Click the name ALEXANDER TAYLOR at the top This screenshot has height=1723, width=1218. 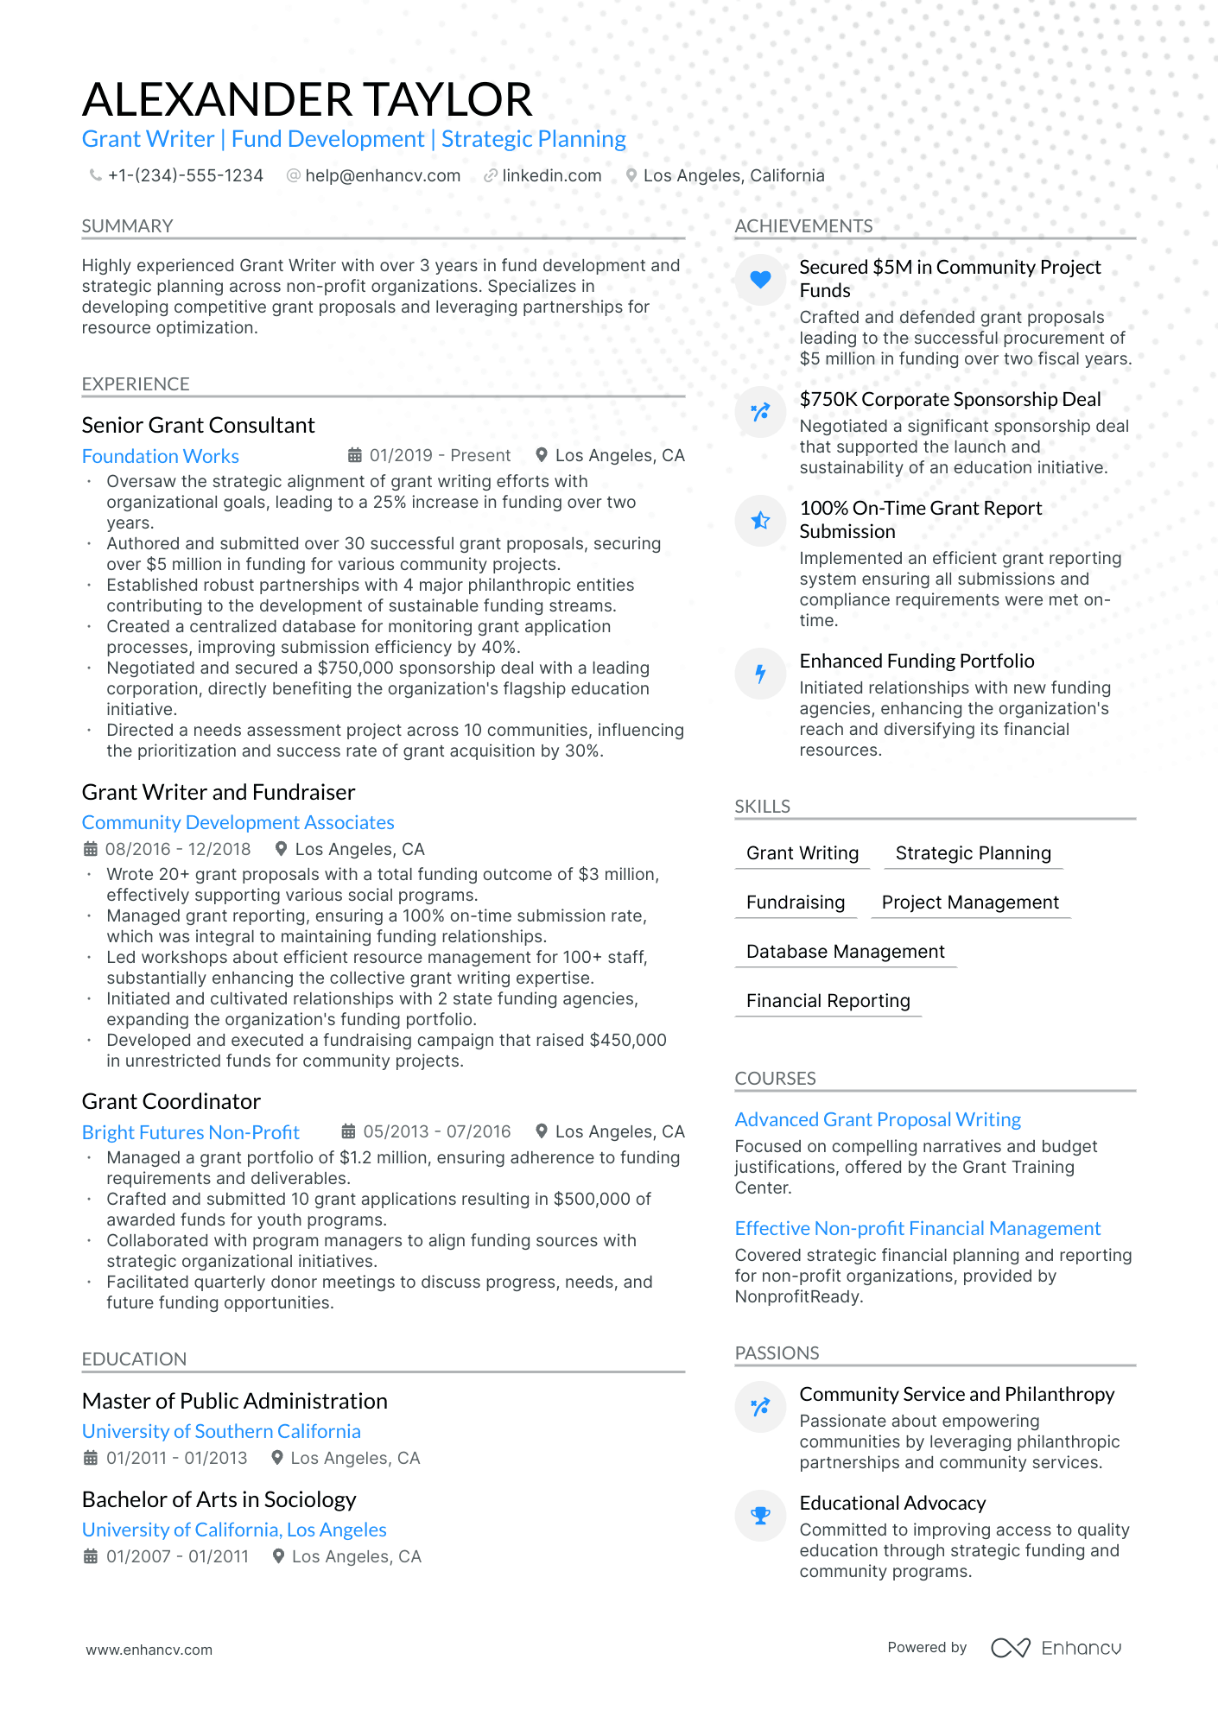307,99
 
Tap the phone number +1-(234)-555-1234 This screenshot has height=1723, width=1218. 185,176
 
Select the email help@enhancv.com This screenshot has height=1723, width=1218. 383,176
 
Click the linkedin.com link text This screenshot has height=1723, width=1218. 551,176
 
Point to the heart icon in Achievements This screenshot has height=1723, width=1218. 760,279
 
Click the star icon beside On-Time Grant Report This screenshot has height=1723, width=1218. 760,520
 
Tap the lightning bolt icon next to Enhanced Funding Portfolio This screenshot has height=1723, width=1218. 760,673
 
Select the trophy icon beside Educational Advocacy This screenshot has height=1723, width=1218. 760,1515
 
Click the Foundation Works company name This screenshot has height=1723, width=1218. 161,456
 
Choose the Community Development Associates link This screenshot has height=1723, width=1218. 238,822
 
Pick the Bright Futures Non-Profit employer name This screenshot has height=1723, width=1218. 191,1132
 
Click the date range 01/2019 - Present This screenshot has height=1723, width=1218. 440,456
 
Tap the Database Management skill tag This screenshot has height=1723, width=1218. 845,952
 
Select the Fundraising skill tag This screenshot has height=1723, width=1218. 796,903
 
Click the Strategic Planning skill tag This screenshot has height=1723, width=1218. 973,853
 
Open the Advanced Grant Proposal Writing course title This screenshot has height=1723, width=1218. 878,1119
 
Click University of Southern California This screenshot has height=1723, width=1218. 221,1431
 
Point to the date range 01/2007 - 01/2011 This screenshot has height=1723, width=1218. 177,1556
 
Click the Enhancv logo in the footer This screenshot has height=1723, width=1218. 1056,1648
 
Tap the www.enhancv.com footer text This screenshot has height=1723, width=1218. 149,1650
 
